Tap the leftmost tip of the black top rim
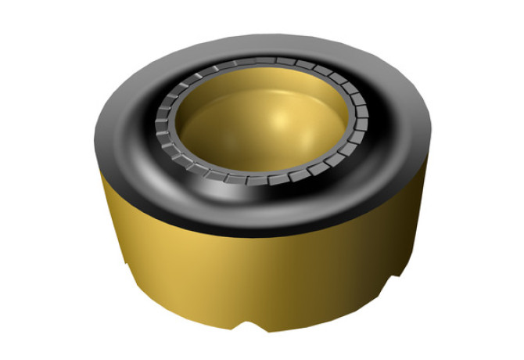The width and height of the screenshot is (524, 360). click(93, 137)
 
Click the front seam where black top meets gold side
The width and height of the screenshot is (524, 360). click(258, 235)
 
